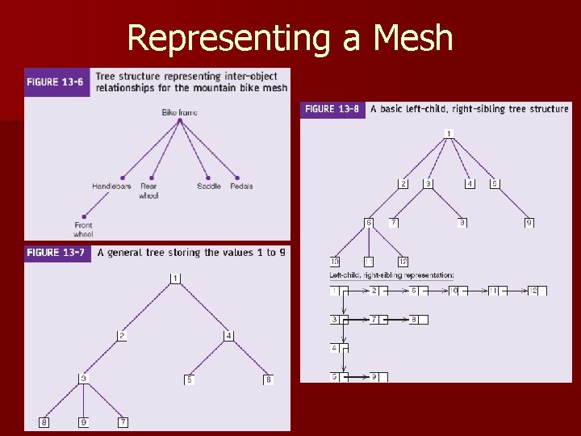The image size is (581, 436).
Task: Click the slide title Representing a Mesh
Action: (x=290, y=38)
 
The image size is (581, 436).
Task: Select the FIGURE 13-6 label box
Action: (x=55, y=82)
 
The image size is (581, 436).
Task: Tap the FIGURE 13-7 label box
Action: (x=55, y=253)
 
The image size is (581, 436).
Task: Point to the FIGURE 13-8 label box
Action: (x=332, y=109)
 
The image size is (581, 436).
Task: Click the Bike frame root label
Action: (x=179, y=112)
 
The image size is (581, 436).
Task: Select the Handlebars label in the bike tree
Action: (x=111, y=187)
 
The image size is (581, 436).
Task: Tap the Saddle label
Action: (x=208, y=187)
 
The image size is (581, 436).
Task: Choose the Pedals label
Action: (x=241, y=187)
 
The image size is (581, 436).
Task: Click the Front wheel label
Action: (x=83, y=229)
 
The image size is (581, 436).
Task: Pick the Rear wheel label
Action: (x=148, y=191)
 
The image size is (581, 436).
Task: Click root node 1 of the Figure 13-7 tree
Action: (x=175, y=279)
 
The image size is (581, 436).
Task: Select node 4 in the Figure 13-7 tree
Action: (x=229, y=335)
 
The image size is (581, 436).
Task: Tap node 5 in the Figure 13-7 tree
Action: (x=190, y=379)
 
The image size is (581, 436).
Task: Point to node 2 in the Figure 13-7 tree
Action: (x=122, y=335)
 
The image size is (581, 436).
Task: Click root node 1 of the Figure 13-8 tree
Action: (x=449, y=133)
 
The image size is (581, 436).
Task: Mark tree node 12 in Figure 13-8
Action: (x=403, y=261)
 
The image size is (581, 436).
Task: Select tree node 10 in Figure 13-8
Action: (x=335, y=261)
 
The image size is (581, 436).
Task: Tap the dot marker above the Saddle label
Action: (x=208, y=177)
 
